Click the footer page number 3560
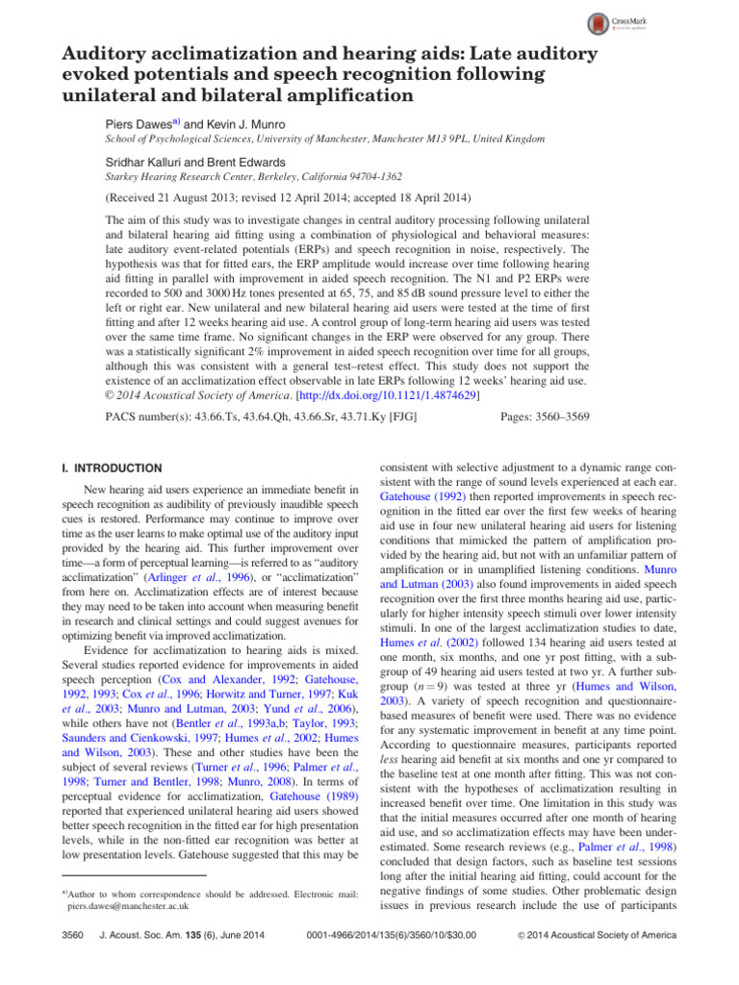pos(73,964)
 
